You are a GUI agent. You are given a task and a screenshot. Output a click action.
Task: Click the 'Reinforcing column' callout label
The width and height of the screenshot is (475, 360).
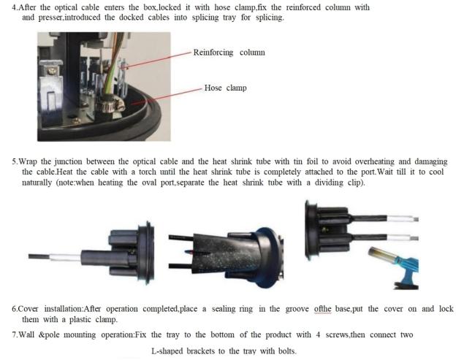point(229,53)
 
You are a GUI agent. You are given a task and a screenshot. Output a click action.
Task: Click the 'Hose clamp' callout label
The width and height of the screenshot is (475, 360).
point(225,88)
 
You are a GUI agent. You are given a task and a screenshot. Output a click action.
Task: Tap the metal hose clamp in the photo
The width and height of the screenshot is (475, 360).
point(110,104)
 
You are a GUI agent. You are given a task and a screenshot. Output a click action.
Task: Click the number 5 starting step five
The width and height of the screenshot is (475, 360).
point(14,161)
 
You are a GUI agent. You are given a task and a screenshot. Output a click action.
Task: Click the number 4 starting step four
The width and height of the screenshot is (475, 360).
point(14,7)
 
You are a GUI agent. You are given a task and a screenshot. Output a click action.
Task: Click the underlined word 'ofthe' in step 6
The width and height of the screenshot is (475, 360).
point(322,309)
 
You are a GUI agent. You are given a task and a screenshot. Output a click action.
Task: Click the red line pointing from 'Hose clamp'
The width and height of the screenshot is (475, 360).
point(167,96)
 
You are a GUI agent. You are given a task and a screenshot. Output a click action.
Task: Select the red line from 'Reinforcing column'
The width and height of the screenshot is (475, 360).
point(157,60)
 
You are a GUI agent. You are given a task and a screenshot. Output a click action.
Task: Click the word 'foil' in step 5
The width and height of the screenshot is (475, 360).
point(313,161)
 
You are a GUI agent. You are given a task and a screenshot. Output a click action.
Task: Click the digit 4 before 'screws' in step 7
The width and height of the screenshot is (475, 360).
point(318,335)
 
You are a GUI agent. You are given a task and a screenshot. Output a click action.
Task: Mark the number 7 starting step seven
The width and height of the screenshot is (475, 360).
point(14,335)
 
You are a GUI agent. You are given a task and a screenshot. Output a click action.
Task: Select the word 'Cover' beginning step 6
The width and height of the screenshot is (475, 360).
point(28,309)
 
